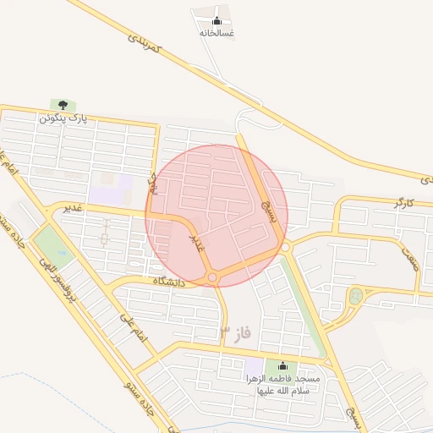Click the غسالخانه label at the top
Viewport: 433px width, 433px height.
[x=216, y=33]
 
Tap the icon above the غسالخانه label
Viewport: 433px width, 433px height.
[x=216, y=20]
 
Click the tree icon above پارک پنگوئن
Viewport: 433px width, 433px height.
[x=61, y=105]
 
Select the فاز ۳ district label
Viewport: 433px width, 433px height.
[x=236, y=331]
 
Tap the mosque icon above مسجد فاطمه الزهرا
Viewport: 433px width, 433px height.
[x=282, y=366]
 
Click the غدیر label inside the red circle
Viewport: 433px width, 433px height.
[x=195, y=243]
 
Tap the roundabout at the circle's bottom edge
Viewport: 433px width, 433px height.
[x=212, y=277]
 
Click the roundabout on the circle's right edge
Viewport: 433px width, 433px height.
[x=286, y=247]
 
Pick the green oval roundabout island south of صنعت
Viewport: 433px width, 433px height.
[x=355, y=296]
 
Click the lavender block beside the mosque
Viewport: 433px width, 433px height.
[x=255, y=370]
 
